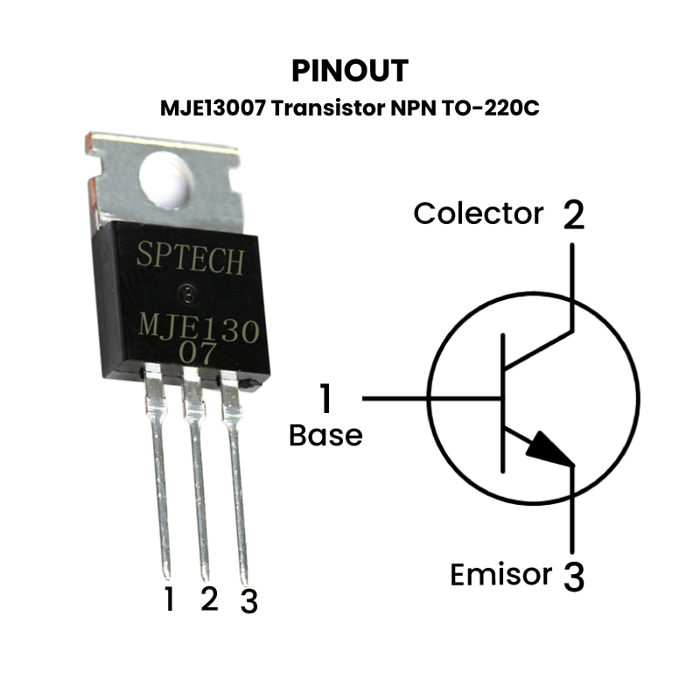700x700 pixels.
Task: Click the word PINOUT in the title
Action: (349, 70)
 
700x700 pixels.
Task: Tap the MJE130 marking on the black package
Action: (199, 330)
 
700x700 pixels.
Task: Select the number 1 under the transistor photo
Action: (169, 599)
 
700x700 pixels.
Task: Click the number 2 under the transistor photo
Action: (208, 598)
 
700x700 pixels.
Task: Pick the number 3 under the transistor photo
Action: (248, 601)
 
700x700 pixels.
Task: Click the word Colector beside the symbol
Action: (478, 213)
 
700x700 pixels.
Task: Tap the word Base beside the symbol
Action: (325, 435)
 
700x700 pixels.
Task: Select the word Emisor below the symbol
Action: (500, 575)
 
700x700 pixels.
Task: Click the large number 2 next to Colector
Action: (572, 213)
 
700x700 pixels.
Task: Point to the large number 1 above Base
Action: (325, 399)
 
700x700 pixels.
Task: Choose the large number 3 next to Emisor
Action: (572, 577)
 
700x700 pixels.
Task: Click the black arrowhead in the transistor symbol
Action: (550, 450)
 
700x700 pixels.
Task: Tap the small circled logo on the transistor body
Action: (186, 290)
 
